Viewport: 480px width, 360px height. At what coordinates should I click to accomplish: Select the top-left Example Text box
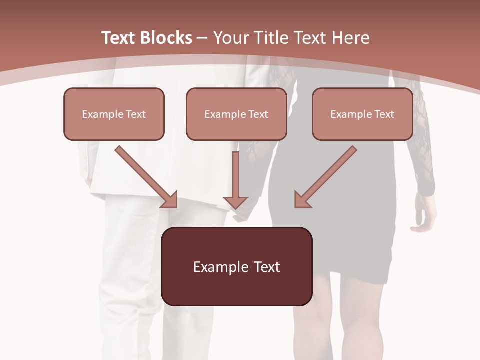tap(114, 114)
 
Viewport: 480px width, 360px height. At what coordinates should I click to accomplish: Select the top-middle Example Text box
tap(236, 114)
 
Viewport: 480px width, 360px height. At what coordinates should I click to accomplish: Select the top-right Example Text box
tap(362, 114)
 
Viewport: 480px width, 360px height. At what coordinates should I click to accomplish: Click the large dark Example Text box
tap(237, 266)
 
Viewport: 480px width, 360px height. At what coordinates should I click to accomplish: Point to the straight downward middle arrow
tap(235, 180)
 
